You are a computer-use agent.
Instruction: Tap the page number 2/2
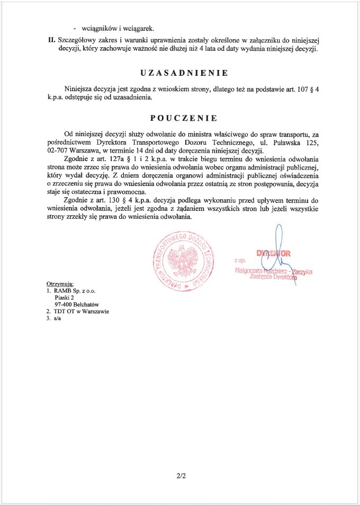coord(182,476)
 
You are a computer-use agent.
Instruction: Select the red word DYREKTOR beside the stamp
coord(274,253)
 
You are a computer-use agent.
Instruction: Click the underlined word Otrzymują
coord(60,284)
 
